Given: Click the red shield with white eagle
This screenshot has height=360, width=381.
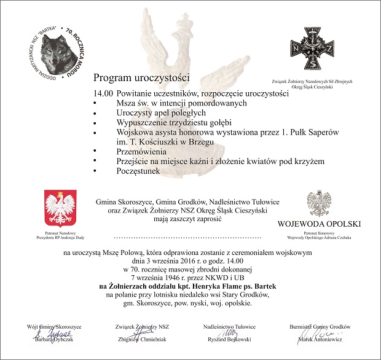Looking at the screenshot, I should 61,208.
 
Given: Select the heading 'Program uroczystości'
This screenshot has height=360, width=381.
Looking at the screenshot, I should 142,79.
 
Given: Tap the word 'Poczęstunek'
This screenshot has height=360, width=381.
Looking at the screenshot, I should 138,170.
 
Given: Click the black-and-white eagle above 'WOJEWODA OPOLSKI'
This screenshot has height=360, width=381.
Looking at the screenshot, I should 319,203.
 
